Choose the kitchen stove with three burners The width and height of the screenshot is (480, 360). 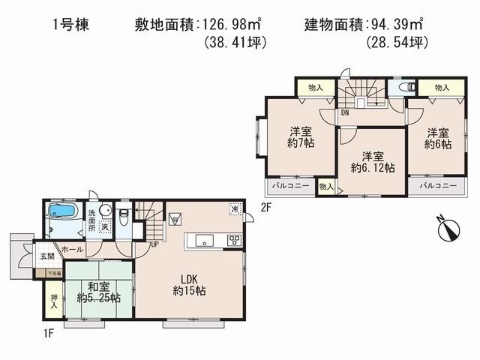click(x=234, y=240)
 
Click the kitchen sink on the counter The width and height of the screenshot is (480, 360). click(x=204, y=240)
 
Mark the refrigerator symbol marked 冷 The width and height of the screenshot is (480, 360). click(x=235, y=210)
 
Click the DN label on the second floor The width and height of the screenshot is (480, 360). click(x=344, y=112)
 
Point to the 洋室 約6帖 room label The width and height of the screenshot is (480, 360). click(x=439, y=138)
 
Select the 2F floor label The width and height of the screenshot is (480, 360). click(x=265, y=207)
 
